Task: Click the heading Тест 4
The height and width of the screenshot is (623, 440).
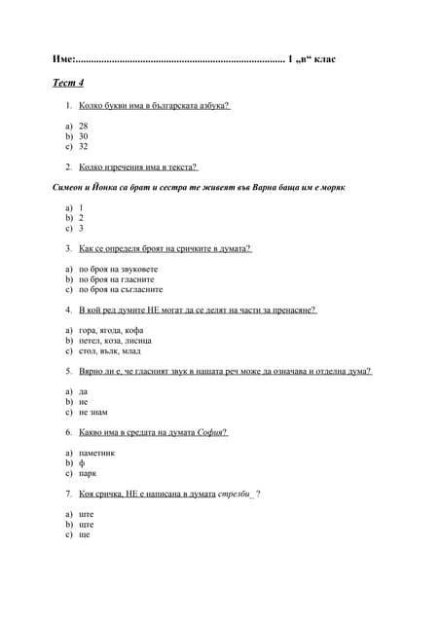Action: [68, 83]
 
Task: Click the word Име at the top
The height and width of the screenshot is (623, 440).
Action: [62, 60]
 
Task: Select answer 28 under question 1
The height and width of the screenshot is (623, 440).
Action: [83, 127]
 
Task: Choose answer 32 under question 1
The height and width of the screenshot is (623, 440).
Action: [83, 147]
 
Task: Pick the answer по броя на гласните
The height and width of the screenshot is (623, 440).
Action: [120, 279]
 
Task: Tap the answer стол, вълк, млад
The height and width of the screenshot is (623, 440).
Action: [110, 351]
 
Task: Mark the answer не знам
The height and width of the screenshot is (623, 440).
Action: [93, 412]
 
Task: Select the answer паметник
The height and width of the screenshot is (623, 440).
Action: [97, 454]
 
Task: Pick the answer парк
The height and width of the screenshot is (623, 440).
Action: [88, 474]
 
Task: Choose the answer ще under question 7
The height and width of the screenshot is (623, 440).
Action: [84, 535]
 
